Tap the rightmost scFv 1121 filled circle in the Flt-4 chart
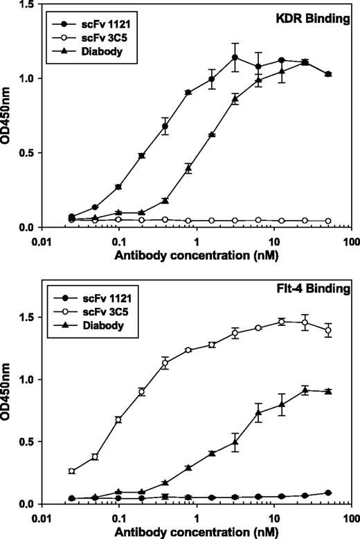point(328,493)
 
